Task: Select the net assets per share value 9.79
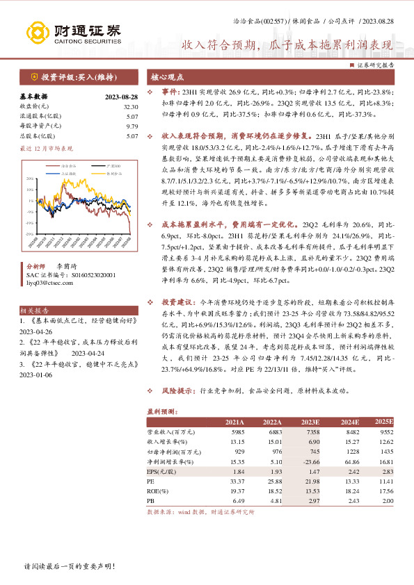pyautogui.click(x=132, y=126)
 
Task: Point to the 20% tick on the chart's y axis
pyautogui.click(x=30, y=178)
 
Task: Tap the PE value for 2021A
pyautogui.click(x=237, y=480)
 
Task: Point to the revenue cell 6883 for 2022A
pyautogui.click(x=273, y=431)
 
